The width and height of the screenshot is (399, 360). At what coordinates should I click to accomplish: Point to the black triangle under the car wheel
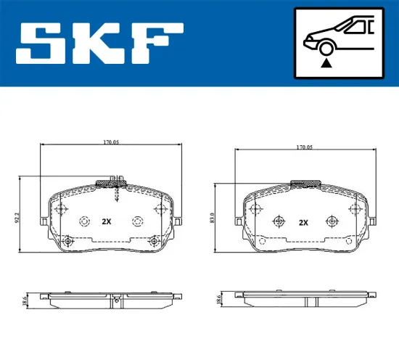coord(326,64)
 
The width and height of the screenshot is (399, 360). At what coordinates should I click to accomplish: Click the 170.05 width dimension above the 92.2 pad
coord(110,142)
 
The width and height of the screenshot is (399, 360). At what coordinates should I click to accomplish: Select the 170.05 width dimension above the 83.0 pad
coord(304,147)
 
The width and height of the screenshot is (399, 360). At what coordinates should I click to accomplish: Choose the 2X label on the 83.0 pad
coord(304,222)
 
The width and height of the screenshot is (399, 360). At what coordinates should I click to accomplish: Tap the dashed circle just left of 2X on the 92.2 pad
coord(84,222)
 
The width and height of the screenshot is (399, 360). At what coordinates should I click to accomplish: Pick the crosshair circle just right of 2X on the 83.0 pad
coord(332,221)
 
